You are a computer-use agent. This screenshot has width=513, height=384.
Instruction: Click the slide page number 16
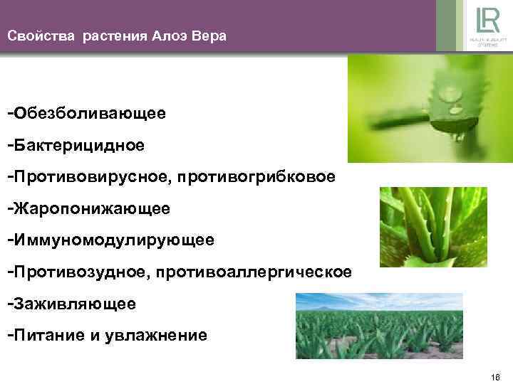click(496, 375)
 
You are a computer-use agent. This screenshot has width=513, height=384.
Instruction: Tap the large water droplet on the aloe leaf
click(450, 93)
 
